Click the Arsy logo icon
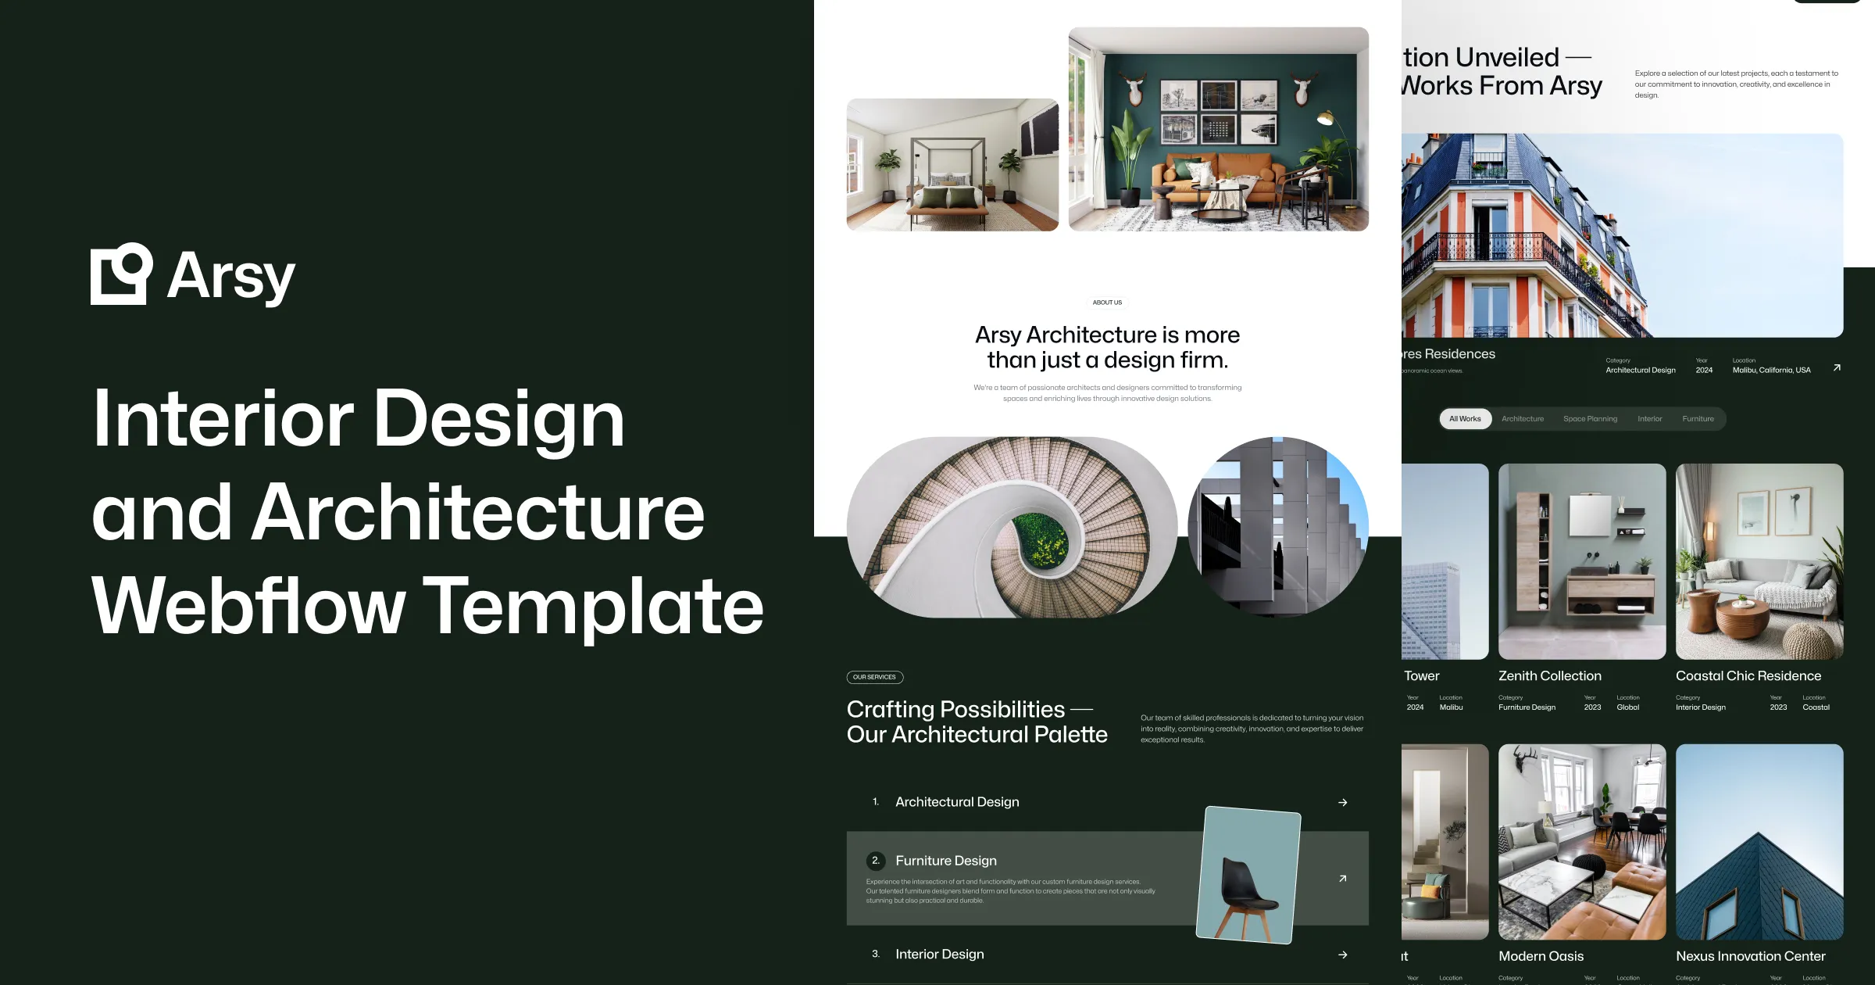pos(121,274)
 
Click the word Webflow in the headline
pos(248,607)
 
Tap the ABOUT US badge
pos(1107,303)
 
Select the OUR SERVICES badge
pos(874,677)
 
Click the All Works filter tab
pos(1465,419)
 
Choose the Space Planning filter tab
pos(1590,419)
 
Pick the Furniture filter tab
pos(1698,419)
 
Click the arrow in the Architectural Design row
pos(1342,803)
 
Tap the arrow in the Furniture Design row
pos(1342,879)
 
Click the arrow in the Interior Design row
pos(1342,955)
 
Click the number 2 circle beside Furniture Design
pos(875,861)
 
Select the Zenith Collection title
pos(1549,676)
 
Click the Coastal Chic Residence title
pos(1748,676)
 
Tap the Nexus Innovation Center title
pos(1750,956)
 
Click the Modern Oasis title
pos(1541,956)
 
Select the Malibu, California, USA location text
pos(1771,371)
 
